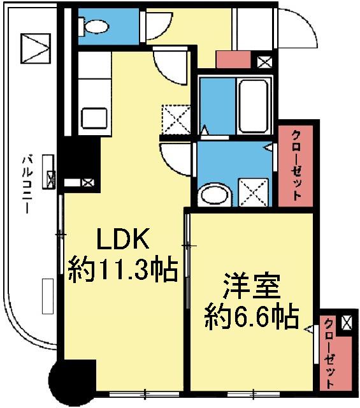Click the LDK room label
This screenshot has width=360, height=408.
coord(122,241)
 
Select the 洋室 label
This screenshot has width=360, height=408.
coord(251,286)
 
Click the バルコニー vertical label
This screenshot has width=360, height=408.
coord(27,184)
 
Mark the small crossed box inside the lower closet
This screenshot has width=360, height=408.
coord(346,323)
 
